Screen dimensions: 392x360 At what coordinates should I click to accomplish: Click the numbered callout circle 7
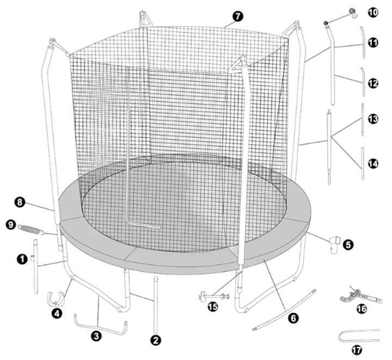[237, 16]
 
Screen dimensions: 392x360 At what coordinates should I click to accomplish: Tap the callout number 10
[373, 12]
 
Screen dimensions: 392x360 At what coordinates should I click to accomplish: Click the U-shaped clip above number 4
[56, 298]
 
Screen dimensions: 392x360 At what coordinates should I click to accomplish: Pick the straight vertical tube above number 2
[156, 304]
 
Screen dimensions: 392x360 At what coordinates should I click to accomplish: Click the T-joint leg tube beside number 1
[35, 266]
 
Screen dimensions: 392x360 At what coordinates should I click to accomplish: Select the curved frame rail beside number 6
[285, 309]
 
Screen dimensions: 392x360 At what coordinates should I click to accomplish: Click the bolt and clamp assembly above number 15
[214, 297]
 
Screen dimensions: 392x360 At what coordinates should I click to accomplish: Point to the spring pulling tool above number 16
[361, 295]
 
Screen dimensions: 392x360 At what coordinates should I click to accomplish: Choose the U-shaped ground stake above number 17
[359, 335]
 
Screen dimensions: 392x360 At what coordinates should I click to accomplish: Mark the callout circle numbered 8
[20, 202]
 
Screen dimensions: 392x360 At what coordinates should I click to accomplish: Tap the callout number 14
[373, 164]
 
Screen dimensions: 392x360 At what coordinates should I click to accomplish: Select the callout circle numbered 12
[373, 83]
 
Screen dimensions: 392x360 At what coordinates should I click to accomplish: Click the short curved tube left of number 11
[363, 42]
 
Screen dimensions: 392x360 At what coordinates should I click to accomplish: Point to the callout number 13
[373, 119]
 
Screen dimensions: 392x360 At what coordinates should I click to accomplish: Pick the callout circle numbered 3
[96, 336]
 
